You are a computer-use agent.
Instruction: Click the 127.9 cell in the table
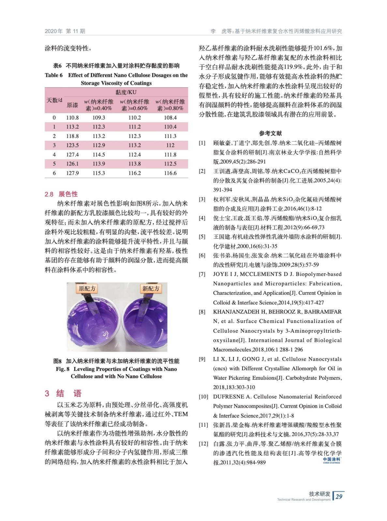72,173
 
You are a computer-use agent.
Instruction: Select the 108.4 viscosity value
170,118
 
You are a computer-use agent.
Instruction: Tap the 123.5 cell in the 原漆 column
72,145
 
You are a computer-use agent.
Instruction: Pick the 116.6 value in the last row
170,173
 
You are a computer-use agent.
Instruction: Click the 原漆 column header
72,105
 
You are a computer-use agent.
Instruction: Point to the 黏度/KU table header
126,92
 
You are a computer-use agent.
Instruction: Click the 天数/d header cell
54,100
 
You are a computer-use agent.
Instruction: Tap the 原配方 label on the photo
87,289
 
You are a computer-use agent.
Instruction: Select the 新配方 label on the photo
151,289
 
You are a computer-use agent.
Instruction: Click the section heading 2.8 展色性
61,194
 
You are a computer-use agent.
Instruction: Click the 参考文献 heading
270,133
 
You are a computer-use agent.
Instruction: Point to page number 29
339,496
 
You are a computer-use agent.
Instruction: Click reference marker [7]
202,275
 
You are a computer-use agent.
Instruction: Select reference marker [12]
203,444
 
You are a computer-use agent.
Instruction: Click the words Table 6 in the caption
54,75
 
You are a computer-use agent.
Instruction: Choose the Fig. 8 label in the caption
63,369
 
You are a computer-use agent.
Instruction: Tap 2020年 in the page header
54,31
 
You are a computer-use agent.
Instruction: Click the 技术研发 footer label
320,494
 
